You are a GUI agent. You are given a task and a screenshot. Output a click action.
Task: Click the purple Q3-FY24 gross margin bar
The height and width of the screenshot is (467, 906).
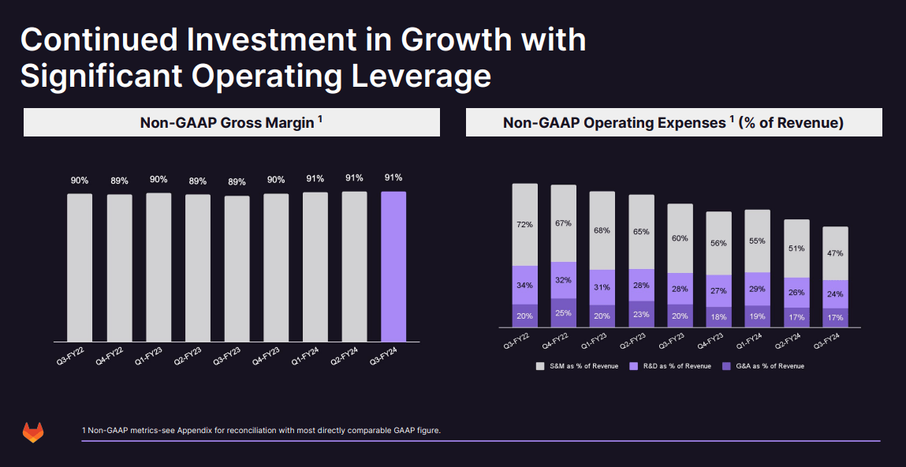[x=393, y=267]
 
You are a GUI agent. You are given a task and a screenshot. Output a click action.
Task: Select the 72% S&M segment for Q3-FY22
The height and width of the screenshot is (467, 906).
[x=525, y=225]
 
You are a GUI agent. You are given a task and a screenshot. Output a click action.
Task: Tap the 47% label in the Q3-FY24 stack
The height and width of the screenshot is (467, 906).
[x=835, y=253]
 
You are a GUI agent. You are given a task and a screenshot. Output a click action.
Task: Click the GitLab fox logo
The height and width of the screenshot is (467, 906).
[x=33, y=432]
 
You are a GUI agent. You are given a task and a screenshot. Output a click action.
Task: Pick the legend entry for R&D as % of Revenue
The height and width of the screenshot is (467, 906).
[x=669, y=366]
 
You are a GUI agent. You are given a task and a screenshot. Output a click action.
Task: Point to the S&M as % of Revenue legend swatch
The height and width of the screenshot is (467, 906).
[x=540, y=366]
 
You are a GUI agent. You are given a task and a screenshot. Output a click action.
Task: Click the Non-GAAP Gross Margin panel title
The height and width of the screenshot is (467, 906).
[x=232, y=123]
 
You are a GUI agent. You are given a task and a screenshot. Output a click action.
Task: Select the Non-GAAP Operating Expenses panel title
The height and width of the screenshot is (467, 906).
[x=673, y=123]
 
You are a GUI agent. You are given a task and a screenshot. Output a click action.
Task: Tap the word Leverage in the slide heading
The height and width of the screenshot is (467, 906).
[x=418, y=77]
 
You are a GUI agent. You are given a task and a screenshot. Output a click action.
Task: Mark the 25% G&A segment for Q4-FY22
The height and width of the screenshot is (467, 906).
[x=564, y=313]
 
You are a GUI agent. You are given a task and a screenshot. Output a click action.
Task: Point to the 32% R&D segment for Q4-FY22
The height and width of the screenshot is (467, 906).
[x=564, y=280]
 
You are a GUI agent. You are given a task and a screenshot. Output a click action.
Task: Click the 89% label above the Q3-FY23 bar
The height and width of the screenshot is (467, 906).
[x=237, y=181]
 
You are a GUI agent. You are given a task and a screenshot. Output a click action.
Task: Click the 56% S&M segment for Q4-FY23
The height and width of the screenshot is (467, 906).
[x=718, y=243]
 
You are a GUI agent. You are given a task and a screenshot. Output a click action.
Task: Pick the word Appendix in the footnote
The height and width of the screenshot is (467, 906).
[x=196, y=431]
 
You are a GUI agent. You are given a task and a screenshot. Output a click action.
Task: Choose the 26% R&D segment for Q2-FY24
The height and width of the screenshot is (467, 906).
[x=796, y=292]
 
